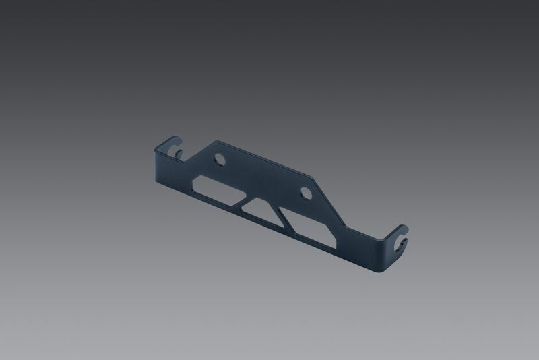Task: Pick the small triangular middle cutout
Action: point(258,208)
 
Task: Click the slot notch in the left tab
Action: point(178,150)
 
